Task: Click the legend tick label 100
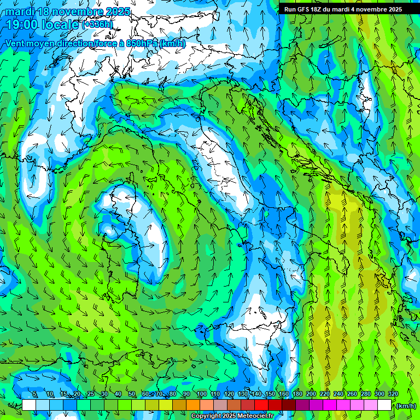pyautogui.click(x=201, y=394)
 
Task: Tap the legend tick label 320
pyautogui.click(x=393, y=394)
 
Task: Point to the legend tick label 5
pyautogui.click(x=34, y=394)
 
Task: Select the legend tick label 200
pyautogui.click(x=311, y=394)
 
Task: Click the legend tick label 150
pyautogui.click(x=270, y=394)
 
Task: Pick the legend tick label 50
pyautogui.click(x=132, y=394)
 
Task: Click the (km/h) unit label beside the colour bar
pyautogui.click(x=406, y=406)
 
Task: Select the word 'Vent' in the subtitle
pyautogui.click(x=15, y=44)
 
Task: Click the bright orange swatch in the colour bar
pyautogui.click(x=193, y=405)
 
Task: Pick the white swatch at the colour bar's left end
pyautogui.click(x=29, y=405)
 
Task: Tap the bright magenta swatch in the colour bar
pyautogui.click(x=330, y=405)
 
